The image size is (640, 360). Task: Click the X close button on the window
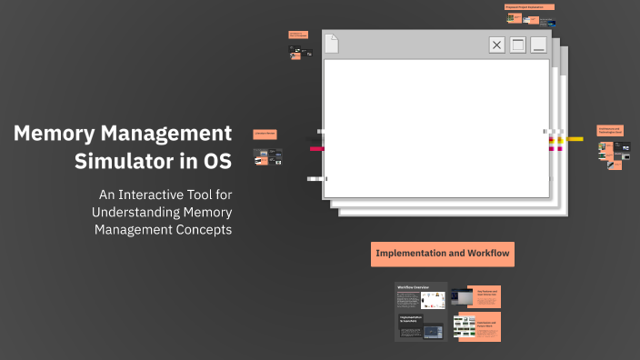[x=496, y=45]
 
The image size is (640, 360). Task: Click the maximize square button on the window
[x=518, y=45]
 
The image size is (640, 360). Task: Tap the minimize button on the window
[x=539, y=45]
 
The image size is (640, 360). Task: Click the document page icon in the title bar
[x=332, y=43]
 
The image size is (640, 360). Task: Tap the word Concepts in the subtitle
[x=202, y=229]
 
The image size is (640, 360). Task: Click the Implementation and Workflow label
[x=443, y=254]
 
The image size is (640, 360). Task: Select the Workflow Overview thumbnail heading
[x=413, y=287]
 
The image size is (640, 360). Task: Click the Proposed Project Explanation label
[x=529, y=7]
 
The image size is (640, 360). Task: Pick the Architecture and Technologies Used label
[x=610, y=130]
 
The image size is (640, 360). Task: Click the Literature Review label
[x=265, y=134]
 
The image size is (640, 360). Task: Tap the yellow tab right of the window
[x=575, y=139]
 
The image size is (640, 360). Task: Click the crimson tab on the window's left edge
[x=316, y=148]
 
